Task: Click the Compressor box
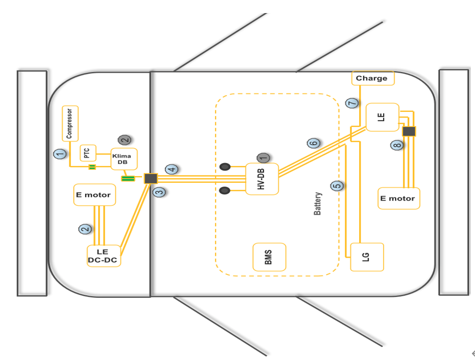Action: (70, 124)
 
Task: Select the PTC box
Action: (88, 154)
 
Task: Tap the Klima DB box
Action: (124, 159)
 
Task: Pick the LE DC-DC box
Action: (104, 256)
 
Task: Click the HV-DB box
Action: (262, 179)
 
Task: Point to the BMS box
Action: (269, 257)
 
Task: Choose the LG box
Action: (367, 257)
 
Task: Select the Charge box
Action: (372, 78)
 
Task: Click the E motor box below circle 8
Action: (399, 199)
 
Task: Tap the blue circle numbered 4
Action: (172, 169)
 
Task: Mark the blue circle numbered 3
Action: (159, 192)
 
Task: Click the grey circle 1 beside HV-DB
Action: (263, 157)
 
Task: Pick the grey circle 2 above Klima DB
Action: (124, 140)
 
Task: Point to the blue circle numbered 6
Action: (313, 143)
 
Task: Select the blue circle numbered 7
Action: (352, 103)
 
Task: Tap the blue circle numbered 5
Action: (337, 185)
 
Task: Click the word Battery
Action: (318, 204)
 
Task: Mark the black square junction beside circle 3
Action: (151, 178)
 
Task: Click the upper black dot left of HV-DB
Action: (225, 167)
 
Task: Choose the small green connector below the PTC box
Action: (92, 167)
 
